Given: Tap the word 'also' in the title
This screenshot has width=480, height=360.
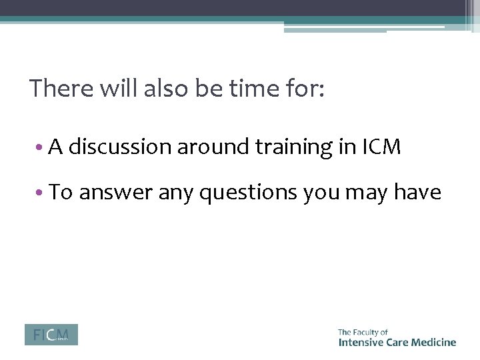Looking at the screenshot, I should [x=167, y=89].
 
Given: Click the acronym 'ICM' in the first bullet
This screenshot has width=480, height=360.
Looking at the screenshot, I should [x=382, y=147].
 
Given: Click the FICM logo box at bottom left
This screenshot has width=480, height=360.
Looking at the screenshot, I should [x=51, y=335].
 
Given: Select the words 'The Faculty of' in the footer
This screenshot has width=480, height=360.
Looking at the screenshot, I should [x=363, y=331].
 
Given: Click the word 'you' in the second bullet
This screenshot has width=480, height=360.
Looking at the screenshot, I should [x=321, y=193].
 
